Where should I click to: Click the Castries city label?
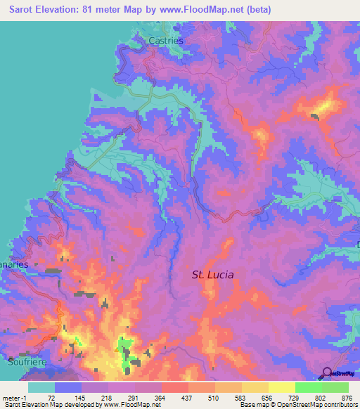coord(166,41)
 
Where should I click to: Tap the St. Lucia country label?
coord(212,275)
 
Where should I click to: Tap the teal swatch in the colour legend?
coord(41,387)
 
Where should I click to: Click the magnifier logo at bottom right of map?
coord(327,372)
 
